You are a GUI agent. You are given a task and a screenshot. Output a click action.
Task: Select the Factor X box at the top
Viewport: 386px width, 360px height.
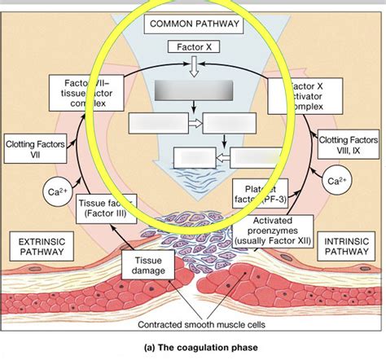pos(194,48)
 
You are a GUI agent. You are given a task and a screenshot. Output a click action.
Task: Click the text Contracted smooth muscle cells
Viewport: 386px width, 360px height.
pos(193,324)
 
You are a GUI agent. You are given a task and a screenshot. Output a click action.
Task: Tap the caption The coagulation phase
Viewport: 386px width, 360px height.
pos(193,350)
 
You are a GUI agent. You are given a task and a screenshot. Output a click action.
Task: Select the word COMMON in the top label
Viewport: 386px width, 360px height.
pos(169,24)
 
